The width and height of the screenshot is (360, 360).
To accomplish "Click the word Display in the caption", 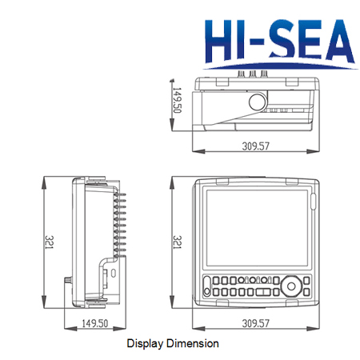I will pos(145,343).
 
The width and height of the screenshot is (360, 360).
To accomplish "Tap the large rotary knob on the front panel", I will pos(293,286).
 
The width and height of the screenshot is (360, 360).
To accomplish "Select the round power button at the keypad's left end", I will pos(209,293).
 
